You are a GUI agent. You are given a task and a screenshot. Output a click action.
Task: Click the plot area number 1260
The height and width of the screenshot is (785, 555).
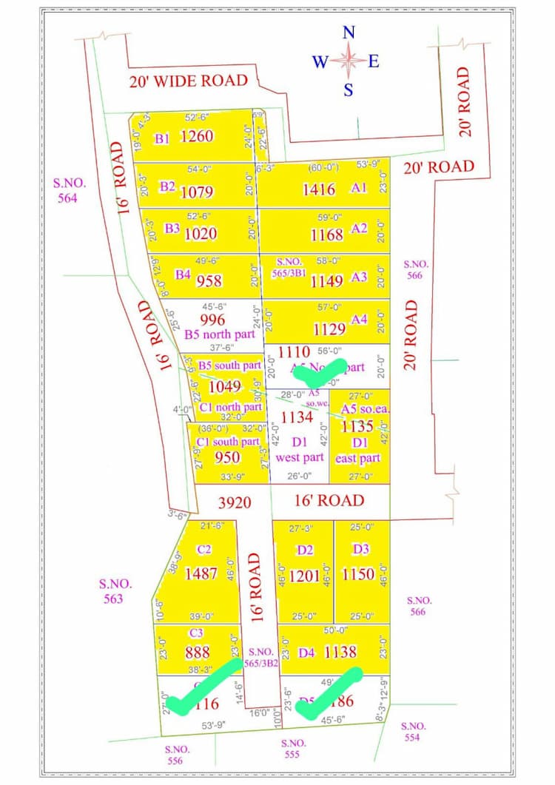pos(197,136)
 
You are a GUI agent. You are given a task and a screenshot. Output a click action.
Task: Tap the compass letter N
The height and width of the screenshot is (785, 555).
pos(349,32)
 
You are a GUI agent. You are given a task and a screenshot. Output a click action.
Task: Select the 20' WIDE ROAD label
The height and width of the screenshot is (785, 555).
pos(188,80)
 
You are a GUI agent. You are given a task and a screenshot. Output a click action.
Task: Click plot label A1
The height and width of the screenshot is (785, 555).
pos(359,188)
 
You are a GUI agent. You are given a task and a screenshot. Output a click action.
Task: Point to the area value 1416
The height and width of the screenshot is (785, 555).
pos(319,189)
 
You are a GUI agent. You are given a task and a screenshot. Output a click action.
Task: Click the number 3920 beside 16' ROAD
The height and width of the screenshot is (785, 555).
pos(235,503)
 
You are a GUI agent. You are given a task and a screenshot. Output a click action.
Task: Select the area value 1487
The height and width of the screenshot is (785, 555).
pos(201,573)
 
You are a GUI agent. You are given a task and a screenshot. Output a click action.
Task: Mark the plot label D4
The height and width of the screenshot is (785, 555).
pos(307,653)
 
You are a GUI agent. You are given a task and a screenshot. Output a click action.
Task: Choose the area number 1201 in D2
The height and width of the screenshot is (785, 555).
pos(304,575)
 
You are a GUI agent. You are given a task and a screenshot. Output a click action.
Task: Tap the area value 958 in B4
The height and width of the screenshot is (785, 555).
pos(209,281)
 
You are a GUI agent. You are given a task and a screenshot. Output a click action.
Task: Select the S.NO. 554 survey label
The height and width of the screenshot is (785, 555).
pos(414,732)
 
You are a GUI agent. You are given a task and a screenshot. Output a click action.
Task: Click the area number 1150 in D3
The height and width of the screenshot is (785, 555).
pos(359,574)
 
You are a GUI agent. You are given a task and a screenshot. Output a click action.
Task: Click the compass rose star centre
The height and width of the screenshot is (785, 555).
pos(349,61)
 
